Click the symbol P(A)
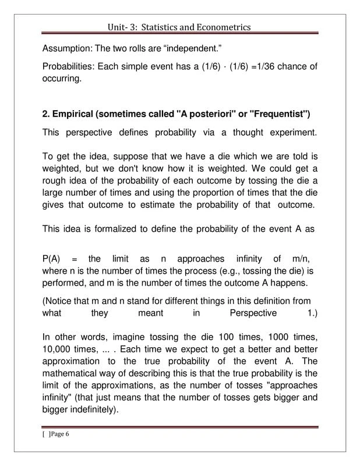pyautogui.click(x=54, y=259)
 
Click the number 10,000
pyautogui.click(x=59, y=349)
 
